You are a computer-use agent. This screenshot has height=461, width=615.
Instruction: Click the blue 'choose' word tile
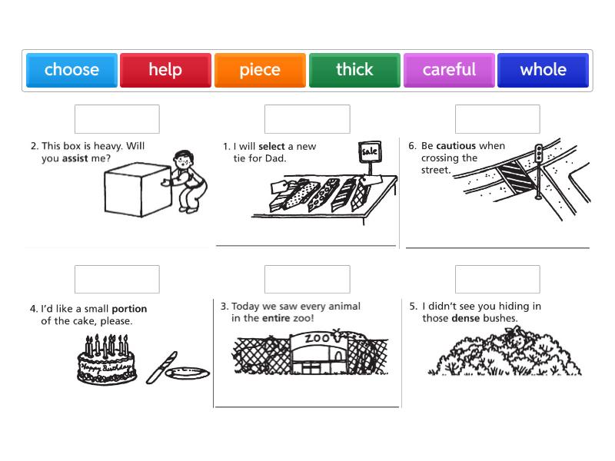tap(71, 70)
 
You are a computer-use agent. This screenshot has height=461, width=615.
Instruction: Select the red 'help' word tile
tap(165, 70)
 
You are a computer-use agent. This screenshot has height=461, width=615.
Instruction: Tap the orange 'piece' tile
tap(260, 70)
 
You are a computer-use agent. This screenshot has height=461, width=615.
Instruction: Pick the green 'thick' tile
tap(354, 70)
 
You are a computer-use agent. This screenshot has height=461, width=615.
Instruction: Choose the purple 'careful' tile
tap(449, 70)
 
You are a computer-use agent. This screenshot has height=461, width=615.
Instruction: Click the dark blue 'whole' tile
tap(544, 70)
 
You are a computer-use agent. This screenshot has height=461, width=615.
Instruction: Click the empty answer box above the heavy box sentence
tap(117, 119)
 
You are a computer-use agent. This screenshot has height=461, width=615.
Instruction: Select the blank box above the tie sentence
tap(307, 119)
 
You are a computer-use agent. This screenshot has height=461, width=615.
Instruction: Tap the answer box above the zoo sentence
tap(307, 279)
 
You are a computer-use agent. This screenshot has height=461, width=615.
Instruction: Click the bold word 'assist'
tap(75, 158)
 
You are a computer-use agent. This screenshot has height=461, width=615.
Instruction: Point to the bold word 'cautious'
tap(456, 146)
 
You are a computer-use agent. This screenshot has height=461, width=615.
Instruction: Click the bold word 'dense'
tap(466, 318)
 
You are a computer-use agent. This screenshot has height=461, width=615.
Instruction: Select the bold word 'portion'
tap(129, 309)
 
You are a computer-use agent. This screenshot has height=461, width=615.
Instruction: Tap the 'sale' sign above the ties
tap(370, 151)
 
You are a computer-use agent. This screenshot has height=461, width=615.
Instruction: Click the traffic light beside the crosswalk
tap(539, 153)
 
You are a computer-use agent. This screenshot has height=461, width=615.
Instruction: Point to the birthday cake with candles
tap(107, 359)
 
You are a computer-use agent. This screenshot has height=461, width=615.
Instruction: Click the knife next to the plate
tap(161, 368)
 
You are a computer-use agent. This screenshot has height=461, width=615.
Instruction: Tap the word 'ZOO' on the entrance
tap(317, 338)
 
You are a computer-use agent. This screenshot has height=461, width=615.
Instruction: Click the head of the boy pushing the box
tap(183, 159)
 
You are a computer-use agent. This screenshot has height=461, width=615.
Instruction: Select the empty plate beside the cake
tap(188, 373)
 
